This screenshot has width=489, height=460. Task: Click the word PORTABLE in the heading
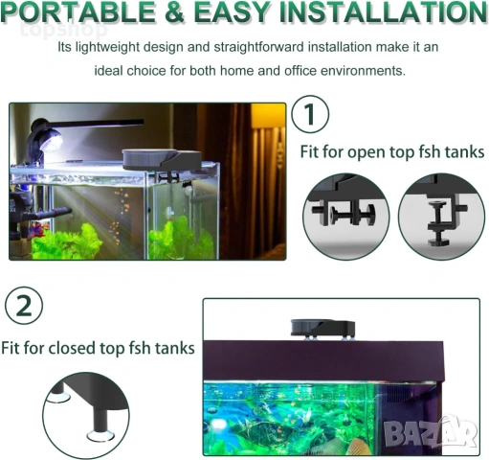78,11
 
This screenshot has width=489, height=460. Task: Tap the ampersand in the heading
174,12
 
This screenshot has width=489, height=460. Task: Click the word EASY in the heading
232,11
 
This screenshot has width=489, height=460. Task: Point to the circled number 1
310,114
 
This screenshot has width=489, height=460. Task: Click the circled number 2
24,306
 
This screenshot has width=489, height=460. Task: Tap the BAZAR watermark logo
430,432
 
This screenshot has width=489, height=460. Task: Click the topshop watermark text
64,30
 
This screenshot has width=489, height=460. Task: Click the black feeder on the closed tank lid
322,328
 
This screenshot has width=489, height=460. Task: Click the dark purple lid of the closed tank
323,361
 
